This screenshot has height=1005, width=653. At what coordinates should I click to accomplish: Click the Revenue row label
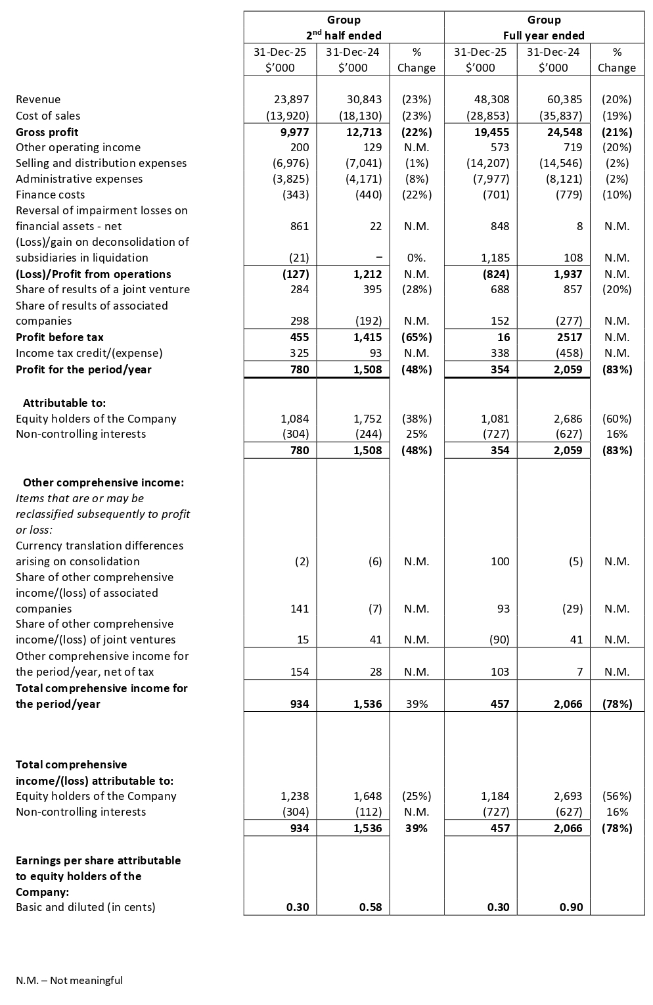[x=38, y=99]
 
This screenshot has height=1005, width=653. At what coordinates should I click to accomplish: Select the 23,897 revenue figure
[x=291, y=99]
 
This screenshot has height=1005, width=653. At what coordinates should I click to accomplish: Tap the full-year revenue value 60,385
[x=565, y=99]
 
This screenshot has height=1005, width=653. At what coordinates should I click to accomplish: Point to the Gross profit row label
[x=47, y=131]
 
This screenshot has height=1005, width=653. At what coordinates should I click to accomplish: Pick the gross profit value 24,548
[x=565, y=131]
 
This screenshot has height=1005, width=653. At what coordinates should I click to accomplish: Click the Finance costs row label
[x=51, y=195]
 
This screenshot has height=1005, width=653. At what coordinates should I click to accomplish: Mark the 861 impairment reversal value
[x=299, y=226]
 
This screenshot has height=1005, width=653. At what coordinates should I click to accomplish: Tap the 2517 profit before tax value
[x=569, y=337]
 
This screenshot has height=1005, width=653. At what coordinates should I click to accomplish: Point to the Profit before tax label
[x=60, y=337]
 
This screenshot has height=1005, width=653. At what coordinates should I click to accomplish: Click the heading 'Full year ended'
[x=544, y=35]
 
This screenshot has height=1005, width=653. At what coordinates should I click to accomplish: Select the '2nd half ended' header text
[x=344, y=35]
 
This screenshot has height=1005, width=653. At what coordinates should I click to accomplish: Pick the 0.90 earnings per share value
[x=571, y=907]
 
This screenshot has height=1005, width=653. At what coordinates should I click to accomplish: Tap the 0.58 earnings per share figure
[x=371, y=907]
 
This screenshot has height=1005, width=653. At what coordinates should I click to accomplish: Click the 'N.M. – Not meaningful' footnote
[x=69, y=980]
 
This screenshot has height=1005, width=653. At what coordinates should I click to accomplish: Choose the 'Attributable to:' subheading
[x=64, y=403]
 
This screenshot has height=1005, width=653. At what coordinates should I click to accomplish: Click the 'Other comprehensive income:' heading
[x=104, y=482]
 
